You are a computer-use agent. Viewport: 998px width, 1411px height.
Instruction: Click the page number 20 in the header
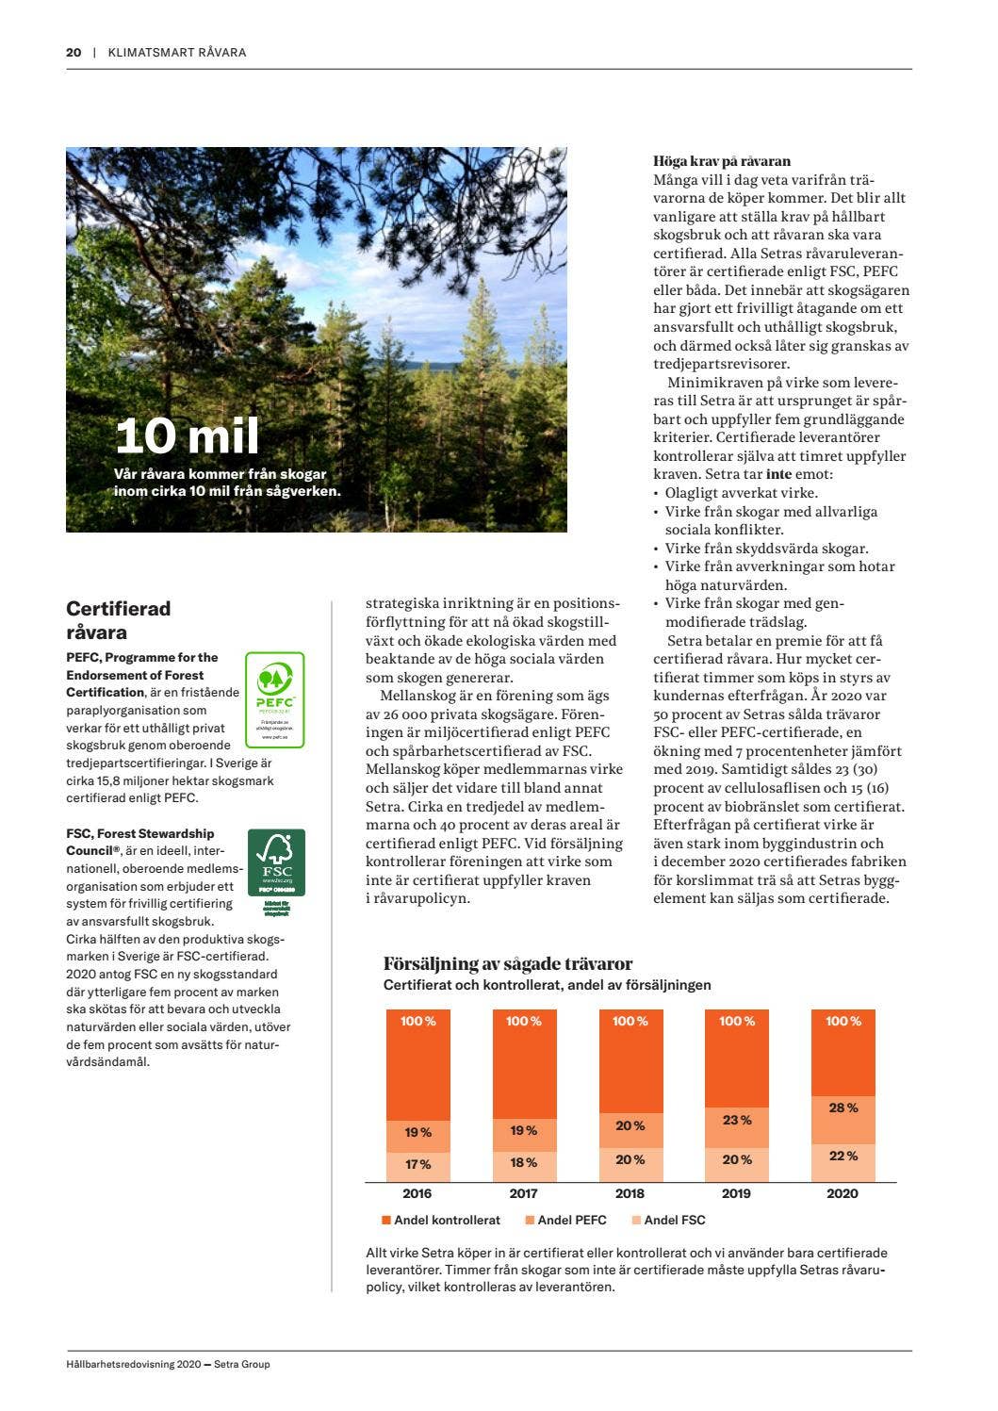[74, 52]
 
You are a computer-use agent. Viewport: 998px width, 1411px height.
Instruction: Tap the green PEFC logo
[275, 699]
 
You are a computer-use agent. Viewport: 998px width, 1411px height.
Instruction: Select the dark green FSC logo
[276, 862]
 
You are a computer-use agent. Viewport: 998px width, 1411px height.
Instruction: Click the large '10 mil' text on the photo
[187, 435]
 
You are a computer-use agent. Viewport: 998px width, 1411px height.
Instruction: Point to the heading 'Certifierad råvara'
[118, 620]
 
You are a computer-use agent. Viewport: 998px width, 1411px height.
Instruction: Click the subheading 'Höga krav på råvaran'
[722, 161]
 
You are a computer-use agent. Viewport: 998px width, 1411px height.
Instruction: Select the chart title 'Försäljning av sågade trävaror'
[508, 963]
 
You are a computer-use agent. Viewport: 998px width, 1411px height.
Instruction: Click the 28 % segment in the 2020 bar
[843, 1108]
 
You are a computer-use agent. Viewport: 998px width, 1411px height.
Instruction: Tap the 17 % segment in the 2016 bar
[418, 1165]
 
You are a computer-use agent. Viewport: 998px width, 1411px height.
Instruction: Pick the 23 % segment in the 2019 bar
[737, 1121]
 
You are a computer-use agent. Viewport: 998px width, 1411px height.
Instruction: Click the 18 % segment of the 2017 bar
[524, 1163]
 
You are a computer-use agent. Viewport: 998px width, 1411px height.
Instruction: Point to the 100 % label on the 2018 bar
[630, 1022]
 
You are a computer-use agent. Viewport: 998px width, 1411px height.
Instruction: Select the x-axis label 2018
[630, 1193]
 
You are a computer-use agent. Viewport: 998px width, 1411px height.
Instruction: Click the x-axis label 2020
[843, 1193]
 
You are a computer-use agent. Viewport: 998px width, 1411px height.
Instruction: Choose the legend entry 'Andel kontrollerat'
[441, 1220]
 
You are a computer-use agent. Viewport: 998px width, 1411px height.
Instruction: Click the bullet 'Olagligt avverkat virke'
[741, 493]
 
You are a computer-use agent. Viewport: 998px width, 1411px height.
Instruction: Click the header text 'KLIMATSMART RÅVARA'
[177, 52]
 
